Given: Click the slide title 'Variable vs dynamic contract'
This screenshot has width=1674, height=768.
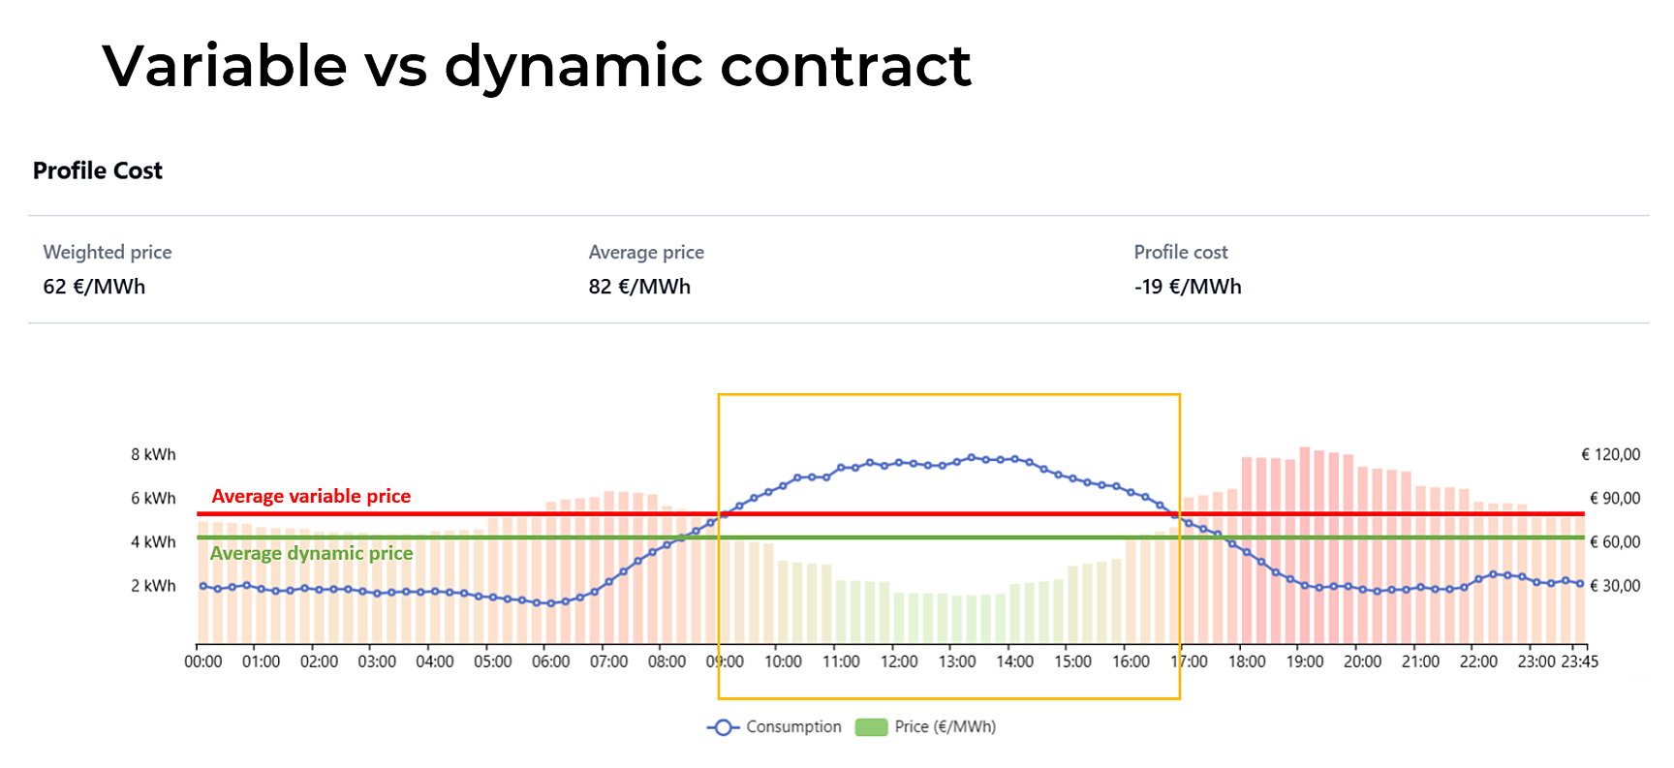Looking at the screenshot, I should (x=536, y=66).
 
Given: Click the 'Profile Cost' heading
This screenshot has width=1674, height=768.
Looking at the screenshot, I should (x=98, y=171).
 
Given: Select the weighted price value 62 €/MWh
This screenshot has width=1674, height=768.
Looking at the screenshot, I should (x=94, y=287).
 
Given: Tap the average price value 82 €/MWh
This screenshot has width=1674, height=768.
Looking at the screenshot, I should (x=639, y=287).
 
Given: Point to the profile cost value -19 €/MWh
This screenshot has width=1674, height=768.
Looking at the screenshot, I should (x=1188, y=287).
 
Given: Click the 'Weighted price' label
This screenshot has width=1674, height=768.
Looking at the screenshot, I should (x=108, y=253).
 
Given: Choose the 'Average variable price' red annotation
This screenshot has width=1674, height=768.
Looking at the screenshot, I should (x=311, y=497).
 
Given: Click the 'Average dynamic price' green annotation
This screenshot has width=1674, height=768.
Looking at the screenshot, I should (x=311, y=553).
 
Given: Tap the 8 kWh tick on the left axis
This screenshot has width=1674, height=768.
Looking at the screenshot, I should (x=153, y=455).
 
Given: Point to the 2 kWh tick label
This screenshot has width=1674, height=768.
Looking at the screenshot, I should (x=153, y=586).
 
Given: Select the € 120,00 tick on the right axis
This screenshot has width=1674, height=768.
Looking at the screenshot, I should (x=1610, y=455).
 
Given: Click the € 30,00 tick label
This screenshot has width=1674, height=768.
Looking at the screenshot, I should (x=1614, y=586).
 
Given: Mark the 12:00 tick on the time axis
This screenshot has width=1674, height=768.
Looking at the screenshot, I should (x=899, y=661).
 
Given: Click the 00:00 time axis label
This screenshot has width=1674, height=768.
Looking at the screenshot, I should (x=203, y=661).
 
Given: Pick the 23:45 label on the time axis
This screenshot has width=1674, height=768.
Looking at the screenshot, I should (x=1579, y=661).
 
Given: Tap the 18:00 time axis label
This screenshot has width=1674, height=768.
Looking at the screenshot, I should (x=1247, y=661).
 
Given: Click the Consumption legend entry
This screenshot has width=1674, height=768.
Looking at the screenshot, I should (x=775, y=727).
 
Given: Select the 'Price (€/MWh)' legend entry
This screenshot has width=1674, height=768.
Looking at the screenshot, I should (x=926, y=727).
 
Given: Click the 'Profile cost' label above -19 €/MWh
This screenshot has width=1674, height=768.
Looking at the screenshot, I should (x=1181, y=253).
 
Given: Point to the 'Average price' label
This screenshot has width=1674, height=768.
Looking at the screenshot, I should (x=646, y=253).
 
